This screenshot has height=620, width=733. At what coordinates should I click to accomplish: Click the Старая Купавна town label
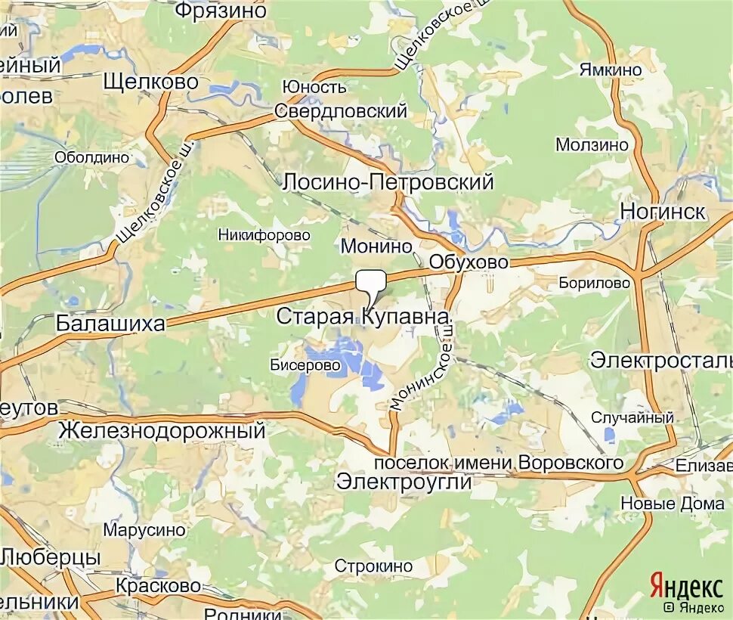(363, 316)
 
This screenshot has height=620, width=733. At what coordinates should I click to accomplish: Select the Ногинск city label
(663, 211)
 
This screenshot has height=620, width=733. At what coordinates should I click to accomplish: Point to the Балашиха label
(110, 324)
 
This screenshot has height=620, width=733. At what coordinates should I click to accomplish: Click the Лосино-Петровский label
(388, 182)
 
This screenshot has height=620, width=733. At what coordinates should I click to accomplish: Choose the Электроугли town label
(404, 482)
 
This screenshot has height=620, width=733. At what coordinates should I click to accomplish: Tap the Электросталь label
(660, 359)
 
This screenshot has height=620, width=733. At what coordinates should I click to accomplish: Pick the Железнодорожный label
(162, 431)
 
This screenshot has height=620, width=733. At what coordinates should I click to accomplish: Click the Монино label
(376, 246)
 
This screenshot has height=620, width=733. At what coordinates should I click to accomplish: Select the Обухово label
(469, 262)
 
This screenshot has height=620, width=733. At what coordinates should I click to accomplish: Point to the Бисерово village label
(305, 364)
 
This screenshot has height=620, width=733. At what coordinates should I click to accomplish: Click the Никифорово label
(264, 235)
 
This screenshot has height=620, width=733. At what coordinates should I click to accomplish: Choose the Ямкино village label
(611, 70)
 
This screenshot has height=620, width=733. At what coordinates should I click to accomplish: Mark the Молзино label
(592, 144)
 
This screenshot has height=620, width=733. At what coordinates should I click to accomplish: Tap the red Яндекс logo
(685, 587)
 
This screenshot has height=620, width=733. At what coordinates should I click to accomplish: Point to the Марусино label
(144, 530)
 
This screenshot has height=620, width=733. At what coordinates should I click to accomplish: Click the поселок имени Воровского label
(499, 462)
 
